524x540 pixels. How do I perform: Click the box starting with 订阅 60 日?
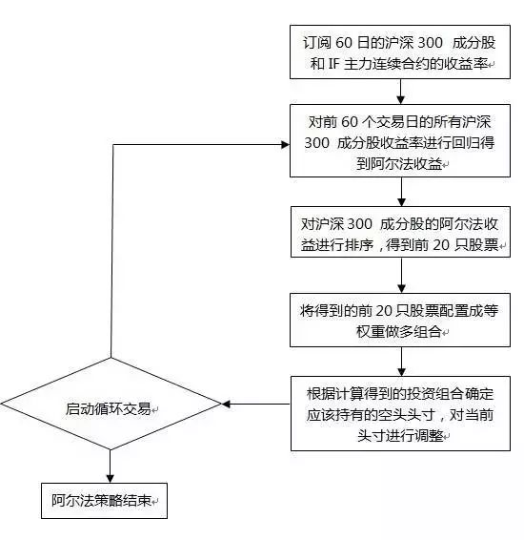pos(400,52)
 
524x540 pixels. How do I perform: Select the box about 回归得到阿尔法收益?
pos(400,140)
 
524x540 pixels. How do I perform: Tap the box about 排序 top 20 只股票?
pos(400,232)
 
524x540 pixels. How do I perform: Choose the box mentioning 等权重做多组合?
pos(400,320)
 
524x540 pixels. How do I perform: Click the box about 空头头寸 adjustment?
pos(400,413)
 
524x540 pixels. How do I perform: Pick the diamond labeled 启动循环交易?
pos(111,404)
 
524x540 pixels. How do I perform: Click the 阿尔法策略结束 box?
pos(104,500)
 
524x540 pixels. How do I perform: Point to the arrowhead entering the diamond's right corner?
pos(226,404)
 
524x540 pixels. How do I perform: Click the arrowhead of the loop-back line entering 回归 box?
pos(286,145)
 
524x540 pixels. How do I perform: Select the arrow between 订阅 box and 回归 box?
pos(400,92)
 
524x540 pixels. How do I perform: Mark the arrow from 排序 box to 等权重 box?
pos(401,276)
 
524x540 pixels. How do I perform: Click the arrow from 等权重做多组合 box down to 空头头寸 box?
pos(401,362)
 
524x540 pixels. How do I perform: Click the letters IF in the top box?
pos(333,64)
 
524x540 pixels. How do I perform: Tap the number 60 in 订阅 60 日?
pos(344,42)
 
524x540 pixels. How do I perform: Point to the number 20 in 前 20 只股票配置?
pos(383,311)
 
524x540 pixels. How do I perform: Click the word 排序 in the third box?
pos(359,245)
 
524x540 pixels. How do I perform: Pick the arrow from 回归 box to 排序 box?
pos(401,192)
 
